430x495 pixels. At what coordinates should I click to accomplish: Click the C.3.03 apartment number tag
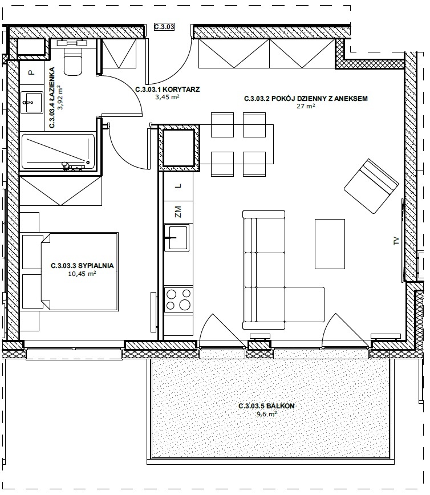pos(164,27)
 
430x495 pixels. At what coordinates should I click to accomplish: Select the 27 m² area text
pos(306,106)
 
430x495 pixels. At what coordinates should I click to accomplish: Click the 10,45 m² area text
pos(82,274)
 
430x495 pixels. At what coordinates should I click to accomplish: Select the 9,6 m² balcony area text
pos(267,414)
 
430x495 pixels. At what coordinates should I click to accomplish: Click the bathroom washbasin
pos(32,102)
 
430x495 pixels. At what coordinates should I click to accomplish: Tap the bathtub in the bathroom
pos(58,152)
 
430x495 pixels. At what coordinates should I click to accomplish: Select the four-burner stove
pos(179,300)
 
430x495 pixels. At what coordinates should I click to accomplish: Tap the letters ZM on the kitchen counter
pos(178,212)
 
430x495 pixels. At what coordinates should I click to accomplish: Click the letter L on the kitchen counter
pos(179,186)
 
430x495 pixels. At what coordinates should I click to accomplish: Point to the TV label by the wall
pos(396,241)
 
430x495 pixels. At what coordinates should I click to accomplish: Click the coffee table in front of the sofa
pos(330,244)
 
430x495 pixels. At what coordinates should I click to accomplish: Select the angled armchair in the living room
pos(371,186)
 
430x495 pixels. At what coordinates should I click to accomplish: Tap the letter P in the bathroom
pos(31,72)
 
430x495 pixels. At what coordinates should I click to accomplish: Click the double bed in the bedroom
pos(80,272)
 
